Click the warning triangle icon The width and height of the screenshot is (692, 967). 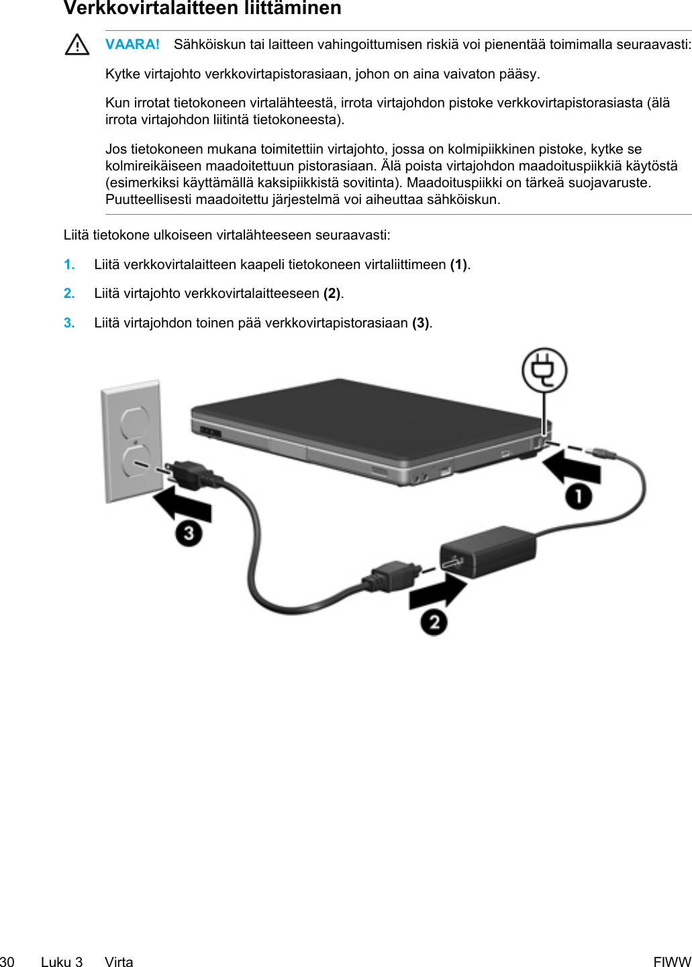(77, 45)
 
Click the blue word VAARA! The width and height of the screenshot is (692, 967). (132, 44)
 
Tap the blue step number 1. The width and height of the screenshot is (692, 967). (69, 264)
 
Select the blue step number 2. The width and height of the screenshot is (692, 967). (69, 293)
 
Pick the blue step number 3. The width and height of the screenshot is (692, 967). (69, 323)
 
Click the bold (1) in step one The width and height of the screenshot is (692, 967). (459, 264)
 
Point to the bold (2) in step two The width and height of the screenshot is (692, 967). (332, 293)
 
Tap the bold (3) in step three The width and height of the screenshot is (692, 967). (421, 323)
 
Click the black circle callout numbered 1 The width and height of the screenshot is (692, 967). (579, 497)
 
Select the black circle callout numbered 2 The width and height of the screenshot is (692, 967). (434, 622)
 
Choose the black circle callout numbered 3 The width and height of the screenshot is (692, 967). (189, 533)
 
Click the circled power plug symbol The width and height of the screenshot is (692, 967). (544, 370)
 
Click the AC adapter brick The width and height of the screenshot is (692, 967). (489, 551)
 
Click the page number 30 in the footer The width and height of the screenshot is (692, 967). (7, 962)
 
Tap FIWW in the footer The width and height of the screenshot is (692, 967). (672, 962)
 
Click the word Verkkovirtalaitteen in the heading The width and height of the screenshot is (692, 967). (148, 8)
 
